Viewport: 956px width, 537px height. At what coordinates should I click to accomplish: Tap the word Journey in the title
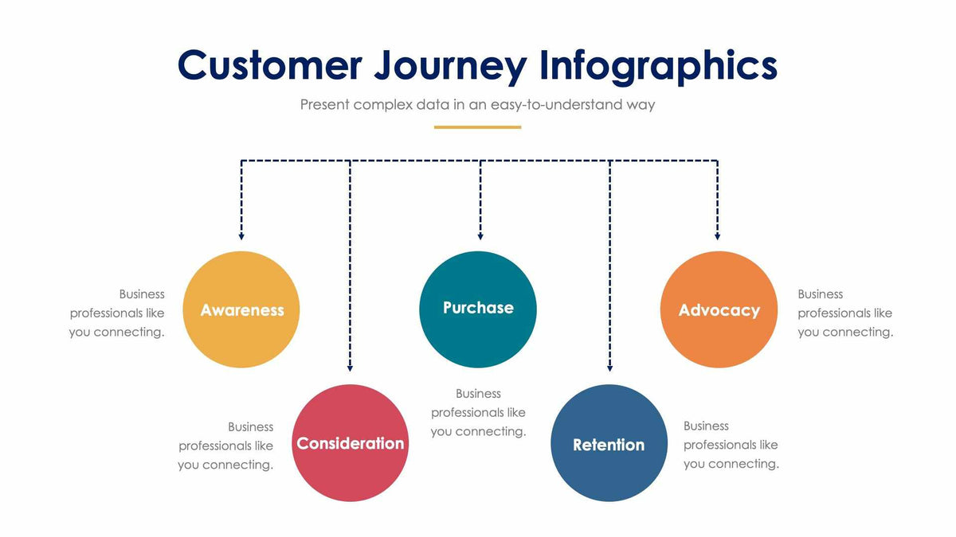click(451, 65)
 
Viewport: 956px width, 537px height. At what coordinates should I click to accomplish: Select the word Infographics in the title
click(658, 65)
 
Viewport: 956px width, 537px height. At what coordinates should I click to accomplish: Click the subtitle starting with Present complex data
click(477, 104)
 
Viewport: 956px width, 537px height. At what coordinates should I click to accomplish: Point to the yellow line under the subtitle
click(477, 126)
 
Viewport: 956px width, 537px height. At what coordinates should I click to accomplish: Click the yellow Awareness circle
click(241, 309)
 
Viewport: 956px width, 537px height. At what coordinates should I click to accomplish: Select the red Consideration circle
click(351, 443)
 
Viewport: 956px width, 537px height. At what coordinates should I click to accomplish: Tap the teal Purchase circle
click(478, 309)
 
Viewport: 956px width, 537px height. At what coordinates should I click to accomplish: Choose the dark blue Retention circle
click(609, 444)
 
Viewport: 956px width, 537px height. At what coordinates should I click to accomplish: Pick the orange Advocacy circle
click(719, 309)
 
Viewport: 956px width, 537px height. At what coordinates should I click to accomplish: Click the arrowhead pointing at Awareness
click(241, 235)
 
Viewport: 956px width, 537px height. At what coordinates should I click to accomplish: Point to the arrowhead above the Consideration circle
click(350, 368)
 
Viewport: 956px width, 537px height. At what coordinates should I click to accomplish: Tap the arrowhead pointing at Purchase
click(480, 235)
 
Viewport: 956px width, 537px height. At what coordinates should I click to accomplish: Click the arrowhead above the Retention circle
click(609, 368)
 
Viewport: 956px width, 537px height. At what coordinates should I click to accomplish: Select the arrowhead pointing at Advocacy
click(717, 235)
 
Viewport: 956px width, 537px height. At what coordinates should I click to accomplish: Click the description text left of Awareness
click(117, 313)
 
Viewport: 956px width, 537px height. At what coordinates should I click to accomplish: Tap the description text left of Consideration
click(226, 446)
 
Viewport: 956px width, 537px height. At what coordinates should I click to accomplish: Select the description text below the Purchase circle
click(478, 412)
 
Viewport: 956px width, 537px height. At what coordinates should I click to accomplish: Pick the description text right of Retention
click(731, 445)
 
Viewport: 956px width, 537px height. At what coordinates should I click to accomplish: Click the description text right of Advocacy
click(845, 313)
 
